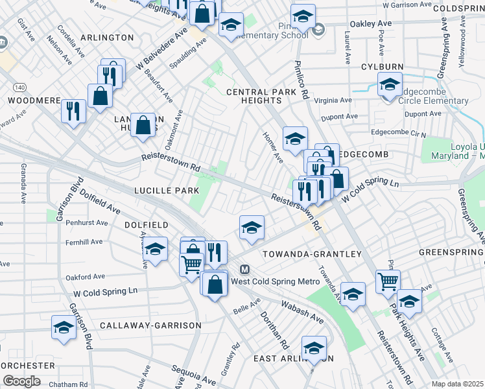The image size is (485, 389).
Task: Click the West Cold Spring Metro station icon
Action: point(245,270)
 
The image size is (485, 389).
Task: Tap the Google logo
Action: point(21,381)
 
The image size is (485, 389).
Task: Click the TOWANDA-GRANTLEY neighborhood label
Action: point(311,254)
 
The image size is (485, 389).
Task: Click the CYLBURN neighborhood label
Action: point(382,67)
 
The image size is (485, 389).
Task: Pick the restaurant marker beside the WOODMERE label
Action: point(73,110)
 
